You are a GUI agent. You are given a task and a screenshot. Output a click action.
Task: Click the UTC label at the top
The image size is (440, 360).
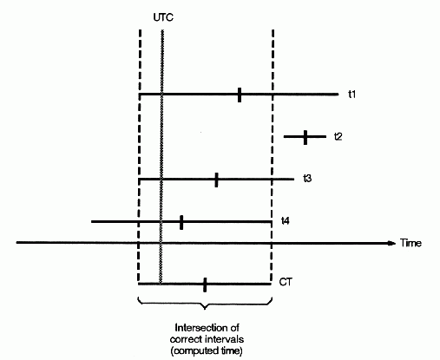pos(163,17)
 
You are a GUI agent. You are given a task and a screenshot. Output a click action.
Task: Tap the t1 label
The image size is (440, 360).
pos(351,95)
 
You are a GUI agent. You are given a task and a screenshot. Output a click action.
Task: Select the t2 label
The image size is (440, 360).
pos(338,136)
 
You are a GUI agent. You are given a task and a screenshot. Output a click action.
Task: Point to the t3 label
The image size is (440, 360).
pos(307,179)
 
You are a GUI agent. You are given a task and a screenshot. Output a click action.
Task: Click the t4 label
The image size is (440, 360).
pos(286,221)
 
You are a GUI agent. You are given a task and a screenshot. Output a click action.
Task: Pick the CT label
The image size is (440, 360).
pos(286,282)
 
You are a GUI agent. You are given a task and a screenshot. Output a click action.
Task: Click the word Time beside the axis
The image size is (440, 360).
pos(410,243)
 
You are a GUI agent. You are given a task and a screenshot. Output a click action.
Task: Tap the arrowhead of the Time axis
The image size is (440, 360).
pos(391,243)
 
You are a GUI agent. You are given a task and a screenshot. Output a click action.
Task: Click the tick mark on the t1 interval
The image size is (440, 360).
pos(240,95)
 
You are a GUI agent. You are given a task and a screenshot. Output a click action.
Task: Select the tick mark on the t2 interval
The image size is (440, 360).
pos(305,137)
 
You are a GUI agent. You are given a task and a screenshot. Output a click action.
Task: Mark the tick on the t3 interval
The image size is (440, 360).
pos(216,180)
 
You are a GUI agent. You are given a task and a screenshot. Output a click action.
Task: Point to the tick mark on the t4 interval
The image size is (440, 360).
pos(181,222)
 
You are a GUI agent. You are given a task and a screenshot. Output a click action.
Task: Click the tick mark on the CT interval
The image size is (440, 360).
pos(205,285)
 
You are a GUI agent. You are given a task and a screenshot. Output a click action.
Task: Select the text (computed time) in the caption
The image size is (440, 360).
pos(207,350)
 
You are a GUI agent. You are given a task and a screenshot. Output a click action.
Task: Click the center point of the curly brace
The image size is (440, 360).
pos(205,308)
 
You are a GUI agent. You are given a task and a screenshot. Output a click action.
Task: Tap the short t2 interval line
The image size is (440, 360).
pos(305,136)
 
